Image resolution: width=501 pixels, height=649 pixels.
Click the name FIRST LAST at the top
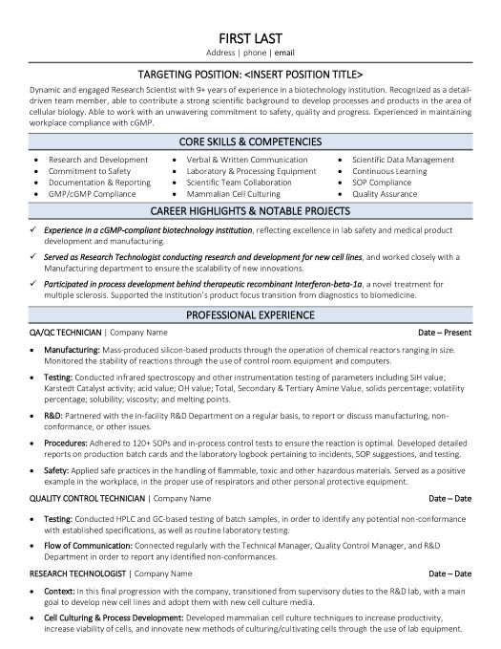(251, 30)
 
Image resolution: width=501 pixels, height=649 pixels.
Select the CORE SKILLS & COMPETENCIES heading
(251, 140)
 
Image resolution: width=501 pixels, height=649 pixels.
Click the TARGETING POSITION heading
(251, 73)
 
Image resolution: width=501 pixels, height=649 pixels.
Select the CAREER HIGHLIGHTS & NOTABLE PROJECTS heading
(251, 210)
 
